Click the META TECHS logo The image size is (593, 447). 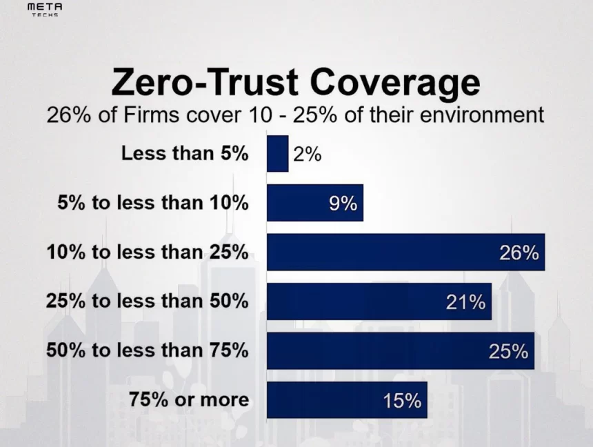pyautogui.click(x=45, y=9)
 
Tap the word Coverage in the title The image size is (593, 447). pyautogui.click(x=394, y=82)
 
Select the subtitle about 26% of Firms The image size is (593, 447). pyautogui.click(x=295, y=115)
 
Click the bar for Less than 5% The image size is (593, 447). pyautogui.click(x=277, y=153)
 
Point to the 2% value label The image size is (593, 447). pyautogui.click(x=307, y=155)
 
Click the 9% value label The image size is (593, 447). pyautogui.click(x=343, y=203)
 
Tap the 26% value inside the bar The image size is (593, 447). pyautogui.click(x=519, y=253)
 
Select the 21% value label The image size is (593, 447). pyautogui.click(x=465, y=302)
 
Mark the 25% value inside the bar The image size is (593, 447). pyautogui.click(x=508, y=351)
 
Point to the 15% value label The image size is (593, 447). pyautogui.click(x=402, y=401)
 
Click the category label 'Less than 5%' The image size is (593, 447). pyautogui.click(x=184, y=154)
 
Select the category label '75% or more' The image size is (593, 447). pyautogui.click(x=188, y=399)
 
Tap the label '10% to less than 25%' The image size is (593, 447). pyautogui.click(x=147, y=252)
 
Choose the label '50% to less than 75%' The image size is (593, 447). pyautogui.click(x=147, y=350)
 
